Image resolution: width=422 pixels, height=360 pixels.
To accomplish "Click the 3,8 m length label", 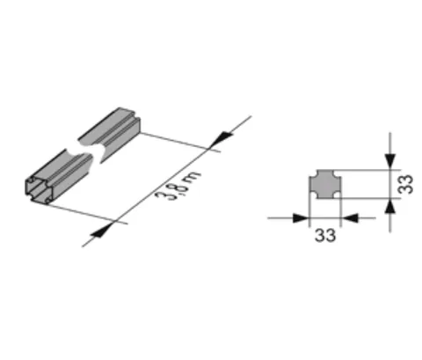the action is [178, 186].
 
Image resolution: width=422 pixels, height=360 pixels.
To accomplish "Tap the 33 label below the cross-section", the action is [325, 235].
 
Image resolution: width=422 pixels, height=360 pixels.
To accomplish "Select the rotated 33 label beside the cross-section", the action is [406, 184].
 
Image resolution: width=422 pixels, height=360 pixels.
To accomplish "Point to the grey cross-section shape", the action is [325, 184].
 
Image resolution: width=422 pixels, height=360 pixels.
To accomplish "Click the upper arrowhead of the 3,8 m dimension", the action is [222, 138].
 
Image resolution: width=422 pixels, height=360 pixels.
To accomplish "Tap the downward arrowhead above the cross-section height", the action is [390, 161].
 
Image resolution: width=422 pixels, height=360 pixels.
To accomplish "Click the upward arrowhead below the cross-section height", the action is [389, 207].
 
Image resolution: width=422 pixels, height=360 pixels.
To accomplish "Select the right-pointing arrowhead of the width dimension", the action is [301, 218].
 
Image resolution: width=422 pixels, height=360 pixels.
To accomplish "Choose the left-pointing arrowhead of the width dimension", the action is [350, 218].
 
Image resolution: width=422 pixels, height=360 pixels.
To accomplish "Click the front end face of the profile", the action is [39, 189].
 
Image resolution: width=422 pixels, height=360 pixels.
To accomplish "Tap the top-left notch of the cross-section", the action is [313, 173].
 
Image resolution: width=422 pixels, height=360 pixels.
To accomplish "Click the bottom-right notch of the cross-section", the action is [338, 195].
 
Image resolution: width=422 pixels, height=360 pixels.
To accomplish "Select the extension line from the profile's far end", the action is [180, 143].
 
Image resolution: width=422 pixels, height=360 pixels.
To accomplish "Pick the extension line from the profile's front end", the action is [87, 214].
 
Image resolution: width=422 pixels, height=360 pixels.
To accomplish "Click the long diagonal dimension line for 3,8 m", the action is [166, 181].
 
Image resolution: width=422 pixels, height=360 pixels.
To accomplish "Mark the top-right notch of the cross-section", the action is [338, 173].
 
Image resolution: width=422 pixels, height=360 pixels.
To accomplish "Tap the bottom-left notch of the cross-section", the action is [313, 195].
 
